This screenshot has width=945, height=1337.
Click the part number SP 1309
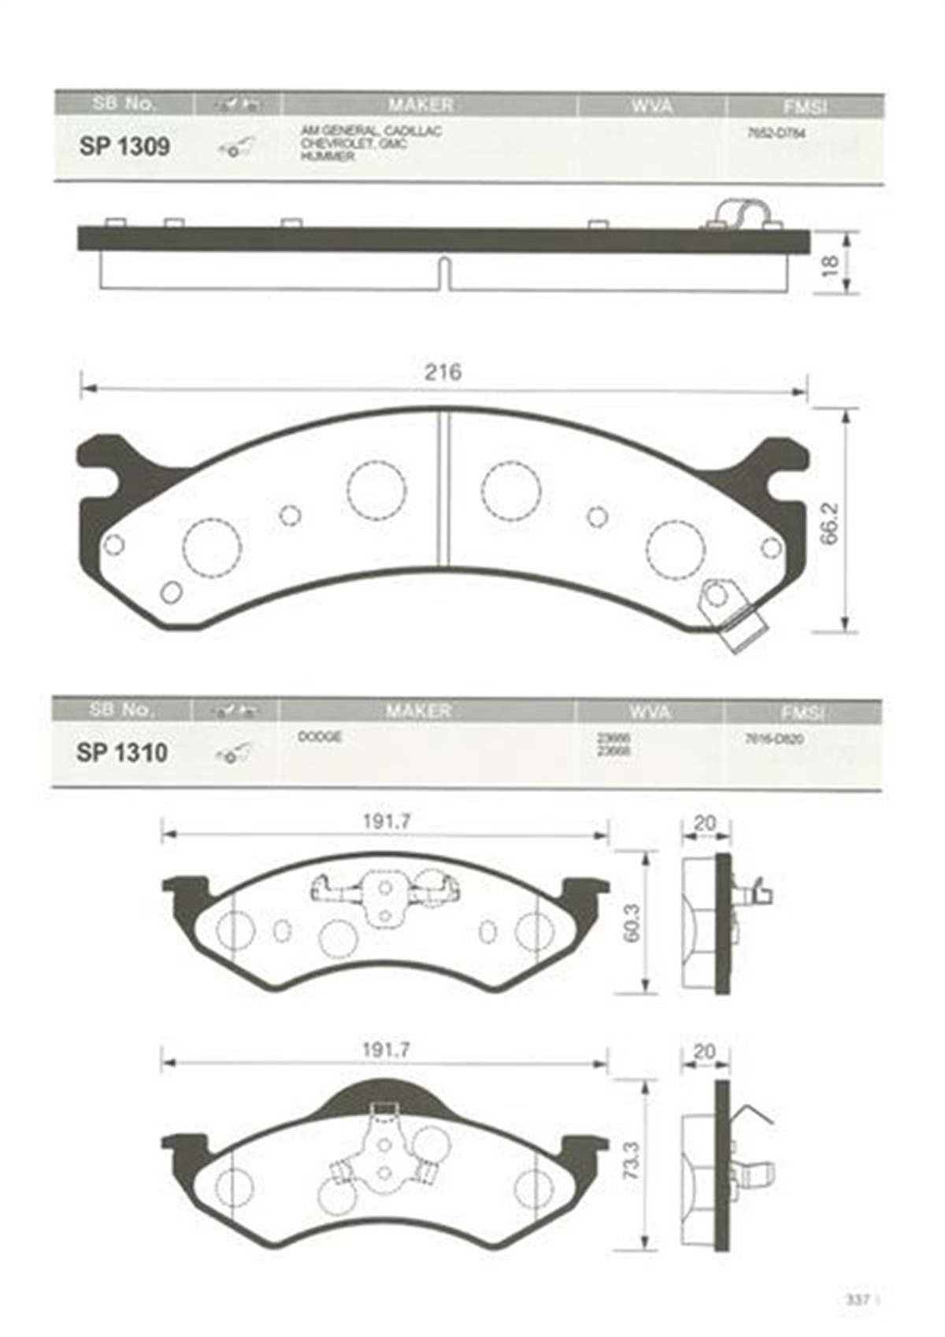pyautogui.click(x=124, y=146)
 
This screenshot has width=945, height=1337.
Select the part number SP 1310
pyautogui.click(x=122, y=753)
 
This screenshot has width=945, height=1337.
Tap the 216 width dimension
pyautogui.click(x=443, y=372)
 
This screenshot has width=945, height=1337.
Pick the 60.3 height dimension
pyautogui.click(x=631, y=922)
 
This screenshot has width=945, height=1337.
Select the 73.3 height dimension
pyautogui.click(x=631, y=1160)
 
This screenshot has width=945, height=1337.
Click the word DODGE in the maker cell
pyautogui.click(x=320, y=738)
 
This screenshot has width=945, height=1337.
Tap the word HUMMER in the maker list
pyautogui.click(x=327, y=157)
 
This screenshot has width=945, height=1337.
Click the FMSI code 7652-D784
pyautogui.click(x=776, y=133)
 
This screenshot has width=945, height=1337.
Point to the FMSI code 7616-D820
pyautogui.click(x=773, y=739)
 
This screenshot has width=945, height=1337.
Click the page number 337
pyautogui.click(x=857, y=1299)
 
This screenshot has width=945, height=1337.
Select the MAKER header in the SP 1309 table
pyautogui.click(x=421, y=105)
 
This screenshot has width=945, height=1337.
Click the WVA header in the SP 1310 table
pyautogui.click(x=650, y=712)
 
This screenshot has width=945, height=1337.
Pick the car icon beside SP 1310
pyautogui.click(x=233, y=754)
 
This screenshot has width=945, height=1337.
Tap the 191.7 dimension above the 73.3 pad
pyautogui.click(x=386, y=1050)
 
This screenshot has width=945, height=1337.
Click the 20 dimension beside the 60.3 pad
pyautogui.click(x=705, y=823)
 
